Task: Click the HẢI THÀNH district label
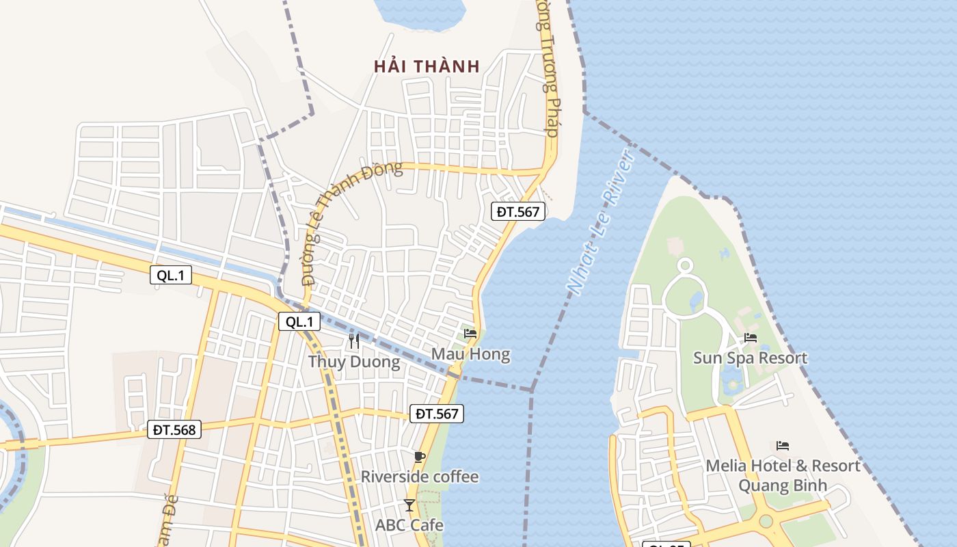click(427, 66)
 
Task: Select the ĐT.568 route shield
click(174, 430)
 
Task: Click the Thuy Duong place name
click(354, 361)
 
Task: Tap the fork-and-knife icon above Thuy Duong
click(354, 341)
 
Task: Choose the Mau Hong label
click(470, 354)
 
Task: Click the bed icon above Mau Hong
click(470, 334)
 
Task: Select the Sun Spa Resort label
click(750, 358)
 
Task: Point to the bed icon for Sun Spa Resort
click(751, 338)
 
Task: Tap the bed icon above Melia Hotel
click(783, 446)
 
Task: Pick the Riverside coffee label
click(420, 477)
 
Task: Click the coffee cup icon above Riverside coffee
click(419, 457)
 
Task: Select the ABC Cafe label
click(409, 525)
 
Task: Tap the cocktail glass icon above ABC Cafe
click(409, 505)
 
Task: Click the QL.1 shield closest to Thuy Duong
click(299, 322)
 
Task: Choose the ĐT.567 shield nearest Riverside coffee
click(437, 413)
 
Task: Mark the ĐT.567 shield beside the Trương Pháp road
click(518, 211)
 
